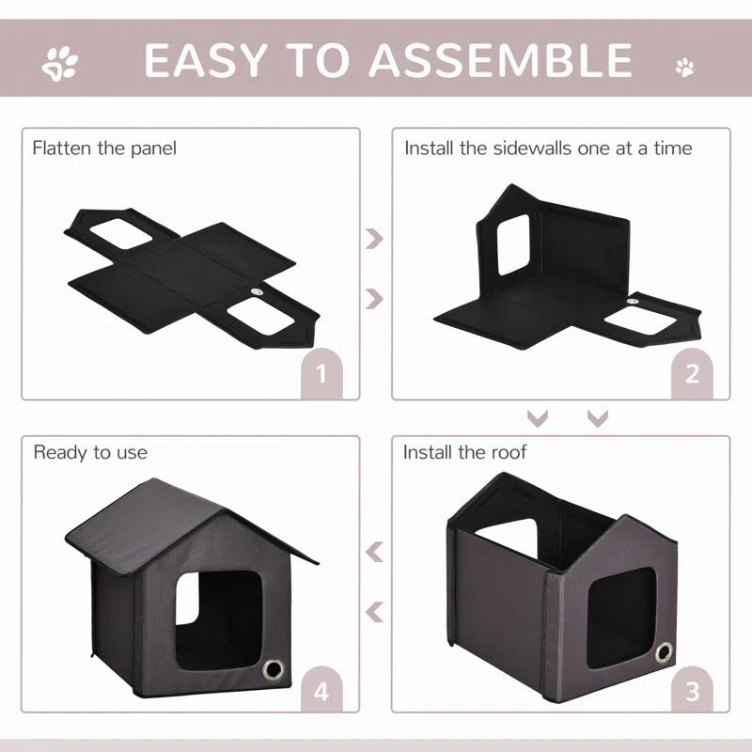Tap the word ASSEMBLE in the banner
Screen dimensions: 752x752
pyautogui.click(x=501, y=59)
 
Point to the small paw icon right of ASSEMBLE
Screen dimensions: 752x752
pyautogui.click(x=685, y=67)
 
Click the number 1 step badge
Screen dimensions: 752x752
pyautogui.click(x=321, y=374)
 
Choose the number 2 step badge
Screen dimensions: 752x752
pyautogui.click(x=693, y=374)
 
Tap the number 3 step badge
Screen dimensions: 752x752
pyautogui.click(x=693, y=692)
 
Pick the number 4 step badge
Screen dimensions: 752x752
pyautogui.click(x=321, y=692)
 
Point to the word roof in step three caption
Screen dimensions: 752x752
pyautogui.click(x=509, y=452)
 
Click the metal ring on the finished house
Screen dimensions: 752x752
pyautogui.click(x=275, y=668)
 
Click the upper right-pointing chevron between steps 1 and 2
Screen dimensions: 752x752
pyautogui.click(x=375, y=239)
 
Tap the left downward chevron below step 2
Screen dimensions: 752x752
pyautogui.click(x=538, y=416)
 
